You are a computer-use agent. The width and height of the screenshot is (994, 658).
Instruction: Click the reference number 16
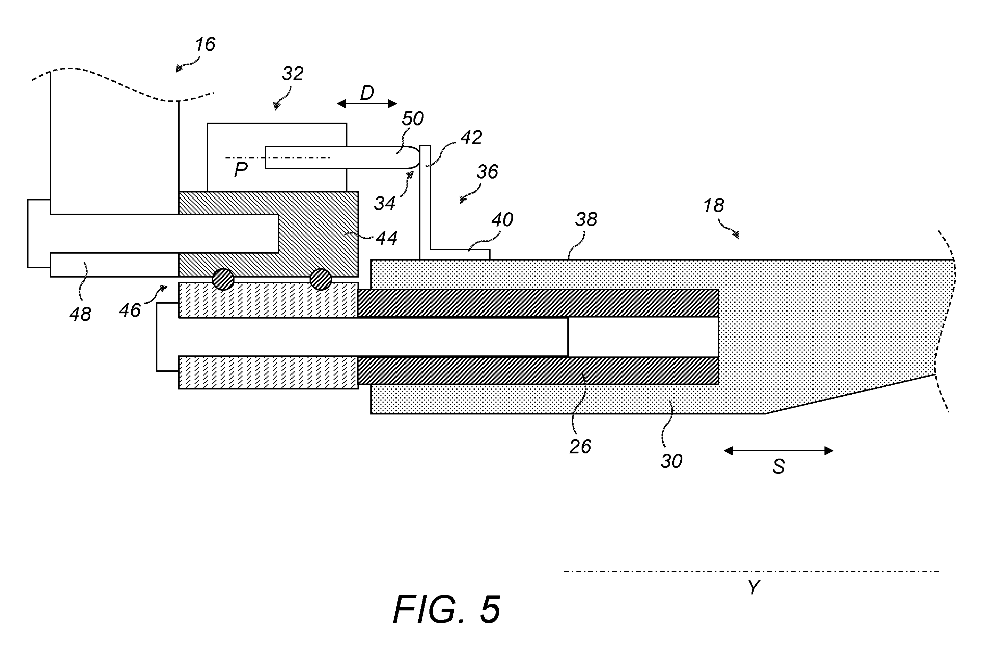tap(205, 44)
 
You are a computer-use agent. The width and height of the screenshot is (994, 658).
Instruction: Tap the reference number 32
tap(293, 74)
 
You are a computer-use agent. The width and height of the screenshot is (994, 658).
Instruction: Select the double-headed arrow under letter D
tap(367, 104)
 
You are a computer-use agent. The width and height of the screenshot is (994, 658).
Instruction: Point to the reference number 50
tap(413, 119)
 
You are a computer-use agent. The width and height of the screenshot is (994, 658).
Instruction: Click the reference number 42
tap(471, 138)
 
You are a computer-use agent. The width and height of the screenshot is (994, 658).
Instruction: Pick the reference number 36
tap(487, 172)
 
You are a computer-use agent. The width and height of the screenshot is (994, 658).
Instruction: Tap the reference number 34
tap(385, 204)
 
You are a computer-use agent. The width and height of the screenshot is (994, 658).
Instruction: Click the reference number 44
tap(386, 238)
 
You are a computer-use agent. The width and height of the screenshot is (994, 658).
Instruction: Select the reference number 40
tap(502, 220)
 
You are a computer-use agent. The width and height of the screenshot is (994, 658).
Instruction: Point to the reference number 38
tap(586, 220)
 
